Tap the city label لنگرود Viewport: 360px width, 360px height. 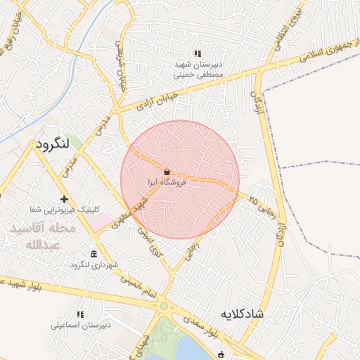(52, 143)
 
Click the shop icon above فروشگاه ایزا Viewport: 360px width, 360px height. (167, 172)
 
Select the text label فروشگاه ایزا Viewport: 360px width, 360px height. (167, 182)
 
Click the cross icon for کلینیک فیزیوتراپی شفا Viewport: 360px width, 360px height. (65, 200)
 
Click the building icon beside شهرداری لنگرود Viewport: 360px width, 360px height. (94, 254)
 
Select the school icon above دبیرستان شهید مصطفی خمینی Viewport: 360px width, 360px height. (198, 53)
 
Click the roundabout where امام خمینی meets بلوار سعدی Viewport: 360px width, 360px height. (164, 306)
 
